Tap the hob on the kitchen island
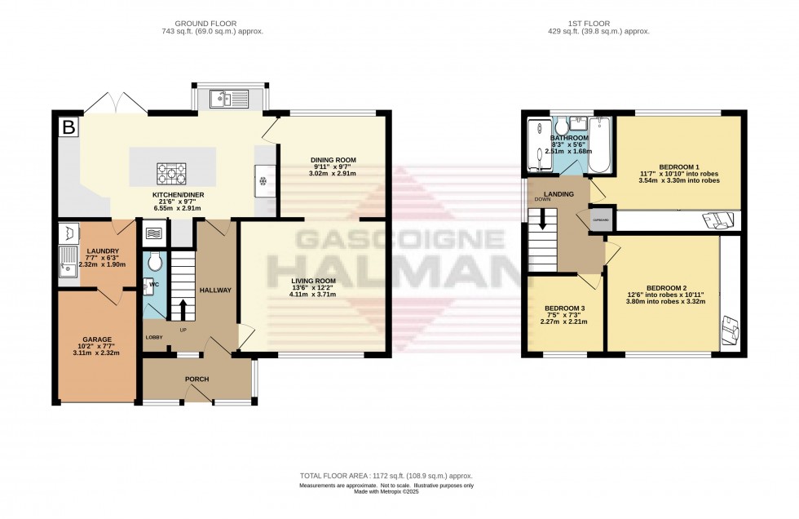pos(172,172)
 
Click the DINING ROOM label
pos(333,160)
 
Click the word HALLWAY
pos(216,290)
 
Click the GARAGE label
pos(96,339)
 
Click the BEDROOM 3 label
pos(565,308)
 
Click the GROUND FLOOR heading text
pos(199,23)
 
